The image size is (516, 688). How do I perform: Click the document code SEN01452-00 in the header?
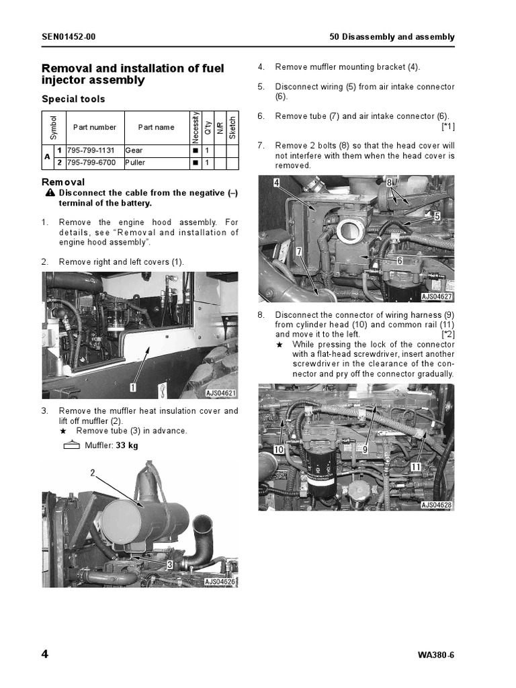tap(69, 37)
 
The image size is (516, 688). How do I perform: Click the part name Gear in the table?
tap(134, 150)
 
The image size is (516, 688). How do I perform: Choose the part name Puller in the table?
tap(135, 163)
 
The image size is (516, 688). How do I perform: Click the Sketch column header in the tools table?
tap(232, 127)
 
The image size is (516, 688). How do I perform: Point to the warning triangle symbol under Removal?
tap(50, 193)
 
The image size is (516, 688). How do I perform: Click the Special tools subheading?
tap(73, 99)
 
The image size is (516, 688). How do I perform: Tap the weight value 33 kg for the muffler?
tap(127, 445)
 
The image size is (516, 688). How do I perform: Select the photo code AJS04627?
tap(437, 296)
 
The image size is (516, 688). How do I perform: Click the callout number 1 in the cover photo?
tap(133, 388)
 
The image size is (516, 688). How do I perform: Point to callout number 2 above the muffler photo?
tap(93, 473)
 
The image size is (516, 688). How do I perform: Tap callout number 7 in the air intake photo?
tap(298, 251)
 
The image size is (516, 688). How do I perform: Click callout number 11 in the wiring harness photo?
tap(416, 466)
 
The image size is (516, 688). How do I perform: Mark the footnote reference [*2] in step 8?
tap(447, 334)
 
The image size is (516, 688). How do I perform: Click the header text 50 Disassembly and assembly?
tap(392, 37)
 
